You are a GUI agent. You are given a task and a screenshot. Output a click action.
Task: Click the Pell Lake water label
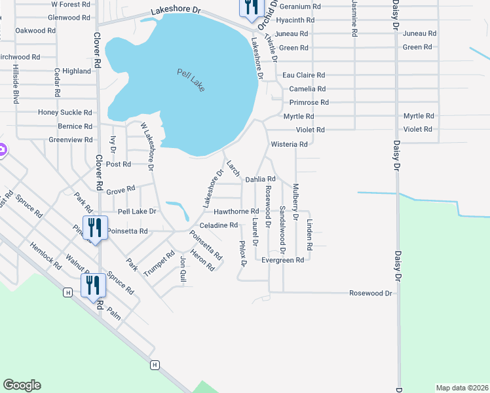191,80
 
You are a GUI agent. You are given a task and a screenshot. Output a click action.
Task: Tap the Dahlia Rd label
261,179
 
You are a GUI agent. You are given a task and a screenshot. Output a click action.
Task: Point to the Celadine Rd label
218,225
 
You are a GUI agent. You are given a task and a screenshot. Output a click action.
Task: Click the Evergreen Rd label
283,260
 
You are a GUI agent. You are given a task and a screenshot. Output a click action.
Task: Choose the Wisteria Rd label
289,144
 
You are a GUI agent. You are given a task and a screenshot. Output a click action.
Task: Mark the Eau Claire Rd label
304,75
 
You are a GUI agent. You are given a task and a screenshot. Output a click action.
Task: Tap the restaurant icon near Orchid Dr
252,8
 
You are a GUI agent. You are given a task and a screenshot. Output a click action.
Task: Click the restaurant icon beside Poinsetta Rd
94,228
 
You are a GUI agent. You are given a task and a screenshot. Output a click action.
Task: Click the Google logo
22,385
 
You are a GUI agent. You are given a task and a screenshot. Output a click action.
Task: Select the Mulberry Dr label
296,201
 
